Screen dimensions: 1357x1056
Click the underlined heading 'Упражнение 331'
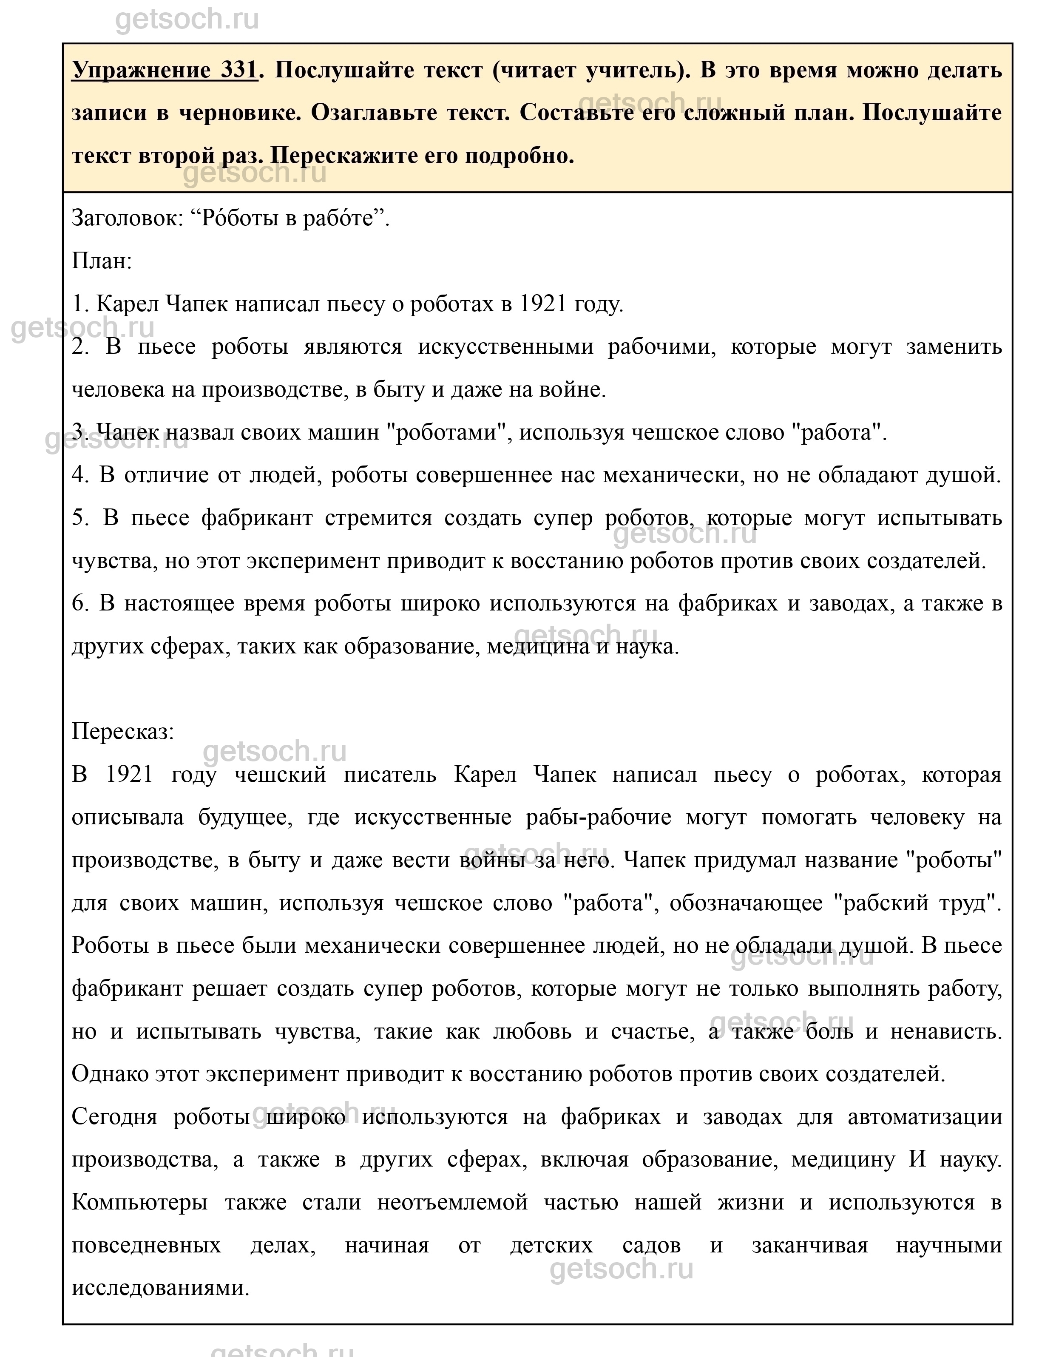point(165,70)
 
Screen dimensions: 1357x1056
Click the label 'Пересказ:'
point(123,731)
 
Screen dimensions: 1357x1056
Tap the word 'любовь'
point(532,1031)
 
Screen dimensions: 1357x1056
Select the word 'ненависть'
point(945,1031)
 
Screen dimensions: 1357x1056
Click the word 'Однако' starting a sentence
point(109,1074)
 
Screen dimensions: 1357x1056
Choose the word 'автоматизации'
point(924,1116)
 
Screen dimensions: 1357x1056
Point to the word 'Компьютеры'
point(140,1202)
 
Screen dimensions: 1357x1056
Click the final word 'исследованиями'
point(160,1287)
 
